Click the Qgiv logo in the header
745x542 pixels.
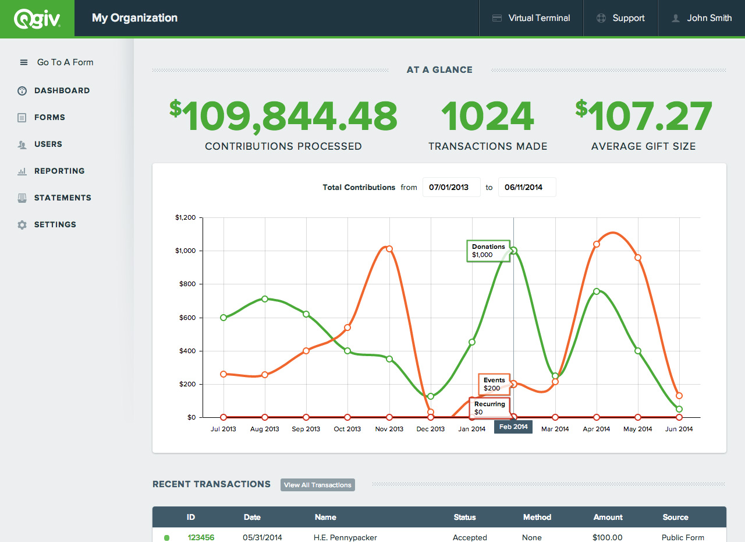37,19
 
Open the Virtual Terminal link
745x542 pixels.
531,18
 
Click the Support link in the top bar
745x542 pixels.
621,18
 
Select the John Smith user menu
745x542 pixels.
702,18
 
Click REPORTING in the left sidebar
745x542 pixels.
59,171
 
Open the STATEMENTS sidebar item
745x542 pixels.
62,198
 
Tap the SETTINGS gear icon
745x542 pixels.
22,225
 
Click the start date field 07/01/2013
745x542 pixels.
451,187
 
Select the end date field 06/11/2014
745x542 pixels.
527,187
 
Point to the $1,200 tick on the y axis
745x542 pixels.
186,217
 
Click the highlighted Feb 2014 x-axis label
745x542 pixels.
513,427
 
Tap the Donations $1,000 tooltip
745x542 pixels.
488,251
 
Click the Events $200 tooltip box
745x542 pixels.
494,384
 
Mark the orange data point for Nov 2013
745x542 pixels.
389,249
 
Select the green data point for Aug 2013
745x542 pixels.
265,299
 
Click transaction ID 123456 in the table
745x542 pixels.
201,537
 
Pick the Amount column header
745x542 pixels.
608,517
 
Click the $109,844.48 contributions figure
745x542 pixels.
283,116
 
